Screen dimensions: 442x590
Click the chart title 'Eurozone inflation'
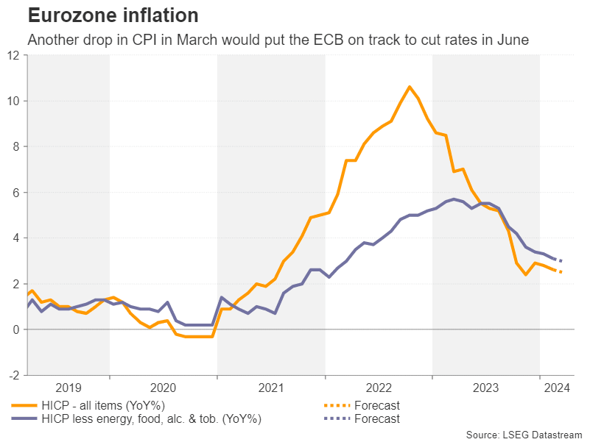point(112,15)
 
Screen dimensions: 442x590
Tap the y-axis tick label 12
point(15,55)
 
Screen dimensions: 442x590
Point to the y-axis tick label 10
point(15,101)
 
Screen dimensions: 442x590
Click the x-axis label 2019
point(69,387)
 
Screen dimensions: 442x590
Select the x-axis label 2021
point(271,387)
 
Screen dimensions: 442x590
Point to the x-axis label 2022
point(379,387)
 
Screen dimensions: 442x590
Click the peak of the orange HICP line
point(410,87)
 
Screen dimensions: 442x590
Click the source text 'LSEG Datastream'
point(544,434)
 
